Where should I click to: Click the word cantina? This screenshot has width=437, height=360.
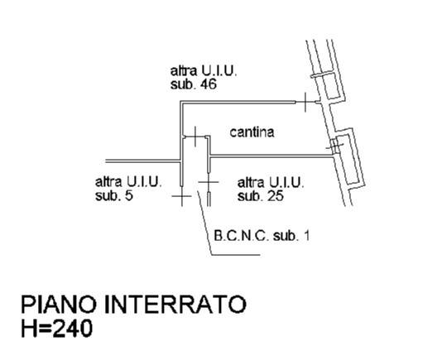click(x=252, y=132)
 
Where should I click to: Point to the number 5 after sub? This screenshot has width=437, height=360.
click(x=129, y=195)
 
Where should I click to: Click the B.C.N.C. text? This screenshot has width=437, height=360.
click(x=242, y=236)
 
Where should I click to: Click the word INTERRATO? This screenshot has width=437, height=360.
click(x=175, y=305)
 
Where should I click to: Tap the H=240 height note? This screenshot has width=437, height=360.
click(x=57, y=329)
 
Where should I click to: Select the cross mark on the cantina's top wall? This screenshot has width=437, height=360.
click(x=305, y=103)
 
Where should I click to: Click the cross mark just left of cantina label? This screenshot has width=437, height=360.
click(x=194, y=137)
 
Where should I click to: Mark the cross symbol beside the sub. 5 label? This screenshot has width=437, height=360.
click(x=182, y=196)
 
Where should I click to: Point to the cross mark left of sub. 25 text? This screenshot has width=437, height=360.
click(x=209, y=182)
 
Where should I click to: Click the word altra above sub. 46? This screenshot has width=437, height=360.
click(x=184, y=71)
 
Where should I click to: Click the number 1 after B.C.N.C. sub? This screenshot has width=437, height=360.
click(x=306, y=236)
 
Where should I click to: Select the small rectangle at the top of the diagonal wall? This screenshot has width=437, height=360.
click(x=329, y=86)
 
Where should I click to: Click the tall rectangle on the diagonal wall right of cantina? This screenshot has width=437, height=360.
click(x=349, y=160)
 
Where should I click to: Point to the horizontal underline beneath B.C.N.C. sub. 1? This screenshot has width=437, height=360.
click(x=236, y=254)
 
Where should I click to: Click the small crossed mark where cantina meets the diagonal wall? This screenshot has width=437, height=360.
click(x=335, y=145)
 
